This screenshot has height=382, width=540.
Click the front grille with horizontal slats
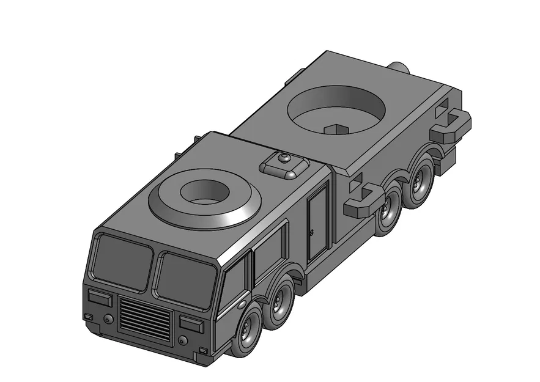pos(144,318)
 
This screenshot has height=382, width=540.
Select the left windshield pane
pos(124,261)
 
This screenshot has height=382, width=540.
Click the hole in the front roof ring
pos(205,192)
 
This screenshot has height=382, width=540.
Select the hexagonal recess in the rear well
pos(336,129)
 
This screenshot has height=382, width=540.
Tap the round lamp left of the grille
pos(108,319)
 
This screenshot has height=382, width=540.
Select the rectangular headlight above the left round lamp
pos(100,298)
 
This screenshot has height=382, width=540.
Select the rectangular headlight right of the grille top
pos(191,324)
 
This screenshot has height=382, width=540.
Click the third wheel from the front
pos(387,211)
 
